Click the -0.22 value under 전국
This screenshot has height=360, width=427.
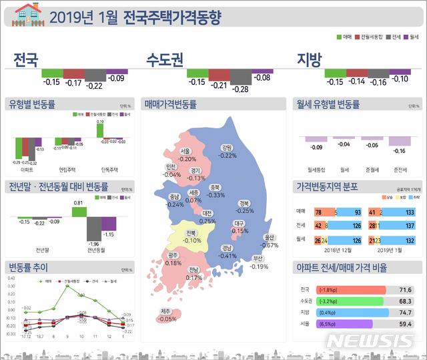point(95,85)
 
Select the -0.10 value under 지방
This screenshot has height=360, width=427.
point(400,79)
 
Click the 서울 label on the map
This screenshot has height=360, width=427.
point(185,152)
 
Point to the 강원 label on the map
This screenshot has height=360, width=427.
point(227,148)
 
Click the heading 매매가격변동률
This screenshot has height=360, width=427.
point(170,104)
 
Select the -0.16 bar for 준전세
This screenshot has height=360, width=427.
point(400,142)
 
